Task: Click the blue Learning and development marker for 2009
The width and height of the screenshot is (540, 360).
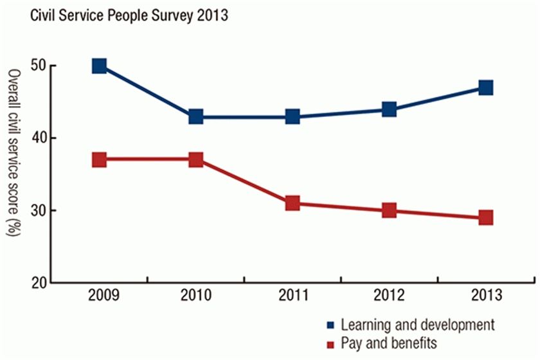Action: click(x=99, y=66)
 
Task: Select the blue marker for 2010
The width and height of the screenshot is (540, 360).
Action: click(x=195, y=116)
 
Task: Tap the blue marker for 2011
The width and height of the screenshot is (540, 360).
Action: click(x=292, y=116)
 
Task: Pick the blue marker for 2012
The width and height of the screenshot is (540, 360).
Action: click(x=389, y=109)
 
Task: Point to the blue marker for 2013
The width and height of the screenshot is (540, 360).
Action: click(x=485, y=87)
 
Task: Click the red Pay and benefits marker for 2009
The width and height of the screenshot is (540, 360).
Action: click(x=99, y=159)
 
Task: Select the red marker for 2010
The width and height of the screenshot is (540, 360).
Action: click(x=195, y=159)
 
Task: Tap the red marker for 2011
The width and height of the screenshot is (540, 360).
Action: click(x=292, y=203)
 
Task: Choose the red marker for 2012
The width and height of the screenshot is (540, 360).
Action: click(x=389, y=210)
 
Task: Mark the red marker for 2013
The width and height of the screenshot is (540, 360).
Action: click(x=485, y=217)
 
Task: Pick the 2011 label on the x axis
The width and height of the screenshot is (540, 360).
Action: click(x=292, y=298)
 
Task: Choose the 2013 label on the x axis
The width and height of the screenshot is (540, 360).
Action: click(x=485, y=298)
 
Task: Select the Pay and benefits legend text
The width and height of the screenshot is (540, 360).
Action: click(x=389, y=343)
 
